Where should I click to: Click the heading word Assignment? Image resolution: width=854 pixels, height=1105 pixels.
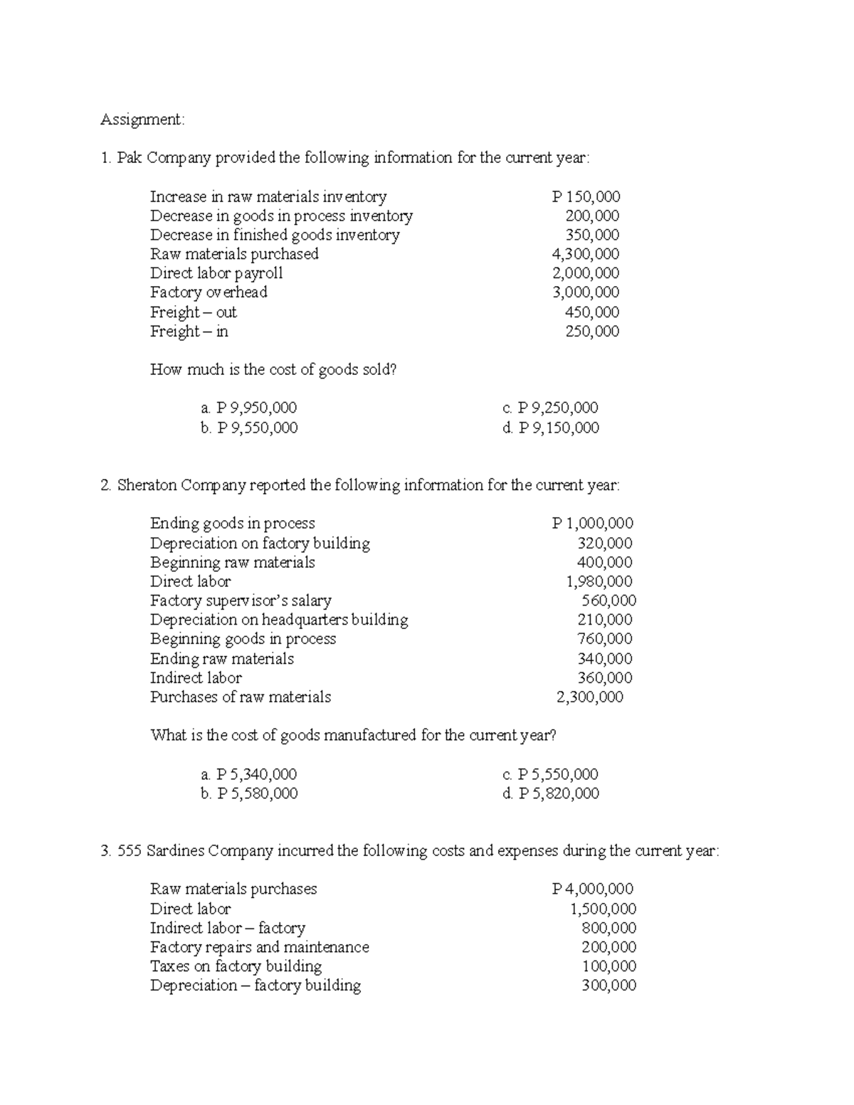pos(142,120)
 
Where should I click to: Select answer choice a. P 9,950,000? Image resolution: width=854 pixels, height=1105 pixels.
pos(248,408)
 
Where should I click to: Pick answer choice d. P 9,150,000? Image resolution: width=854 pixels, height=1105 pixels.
pos(550,428)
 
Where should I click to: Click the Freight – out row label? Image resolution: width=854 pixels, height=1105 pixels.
pos(193,312)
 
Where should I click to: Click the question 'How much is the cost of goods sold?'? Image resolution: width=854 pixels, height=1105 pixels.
pos(273,369)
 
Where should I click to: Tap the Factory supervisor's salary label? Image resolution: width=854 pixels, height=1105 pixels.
pos(241,601)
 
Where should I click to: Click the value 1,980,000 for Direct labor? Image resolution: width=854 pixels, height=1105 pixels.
pos(599,581)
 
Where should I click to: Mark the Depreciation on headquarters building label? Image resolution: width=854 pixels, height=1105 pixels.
pos(279,620)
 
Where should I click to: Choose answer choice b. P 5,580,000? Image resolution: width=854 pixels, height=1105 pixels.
pos(249,793)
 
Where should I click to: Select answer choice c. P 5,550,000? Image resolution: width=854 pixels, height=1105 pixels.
pos(550,774)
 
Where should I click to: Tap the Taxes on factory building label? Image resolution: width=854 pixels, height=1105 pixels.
pos(236,966)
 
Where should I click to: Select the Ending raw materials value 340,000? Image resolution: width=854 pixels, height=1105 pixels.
pos(604,658)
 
